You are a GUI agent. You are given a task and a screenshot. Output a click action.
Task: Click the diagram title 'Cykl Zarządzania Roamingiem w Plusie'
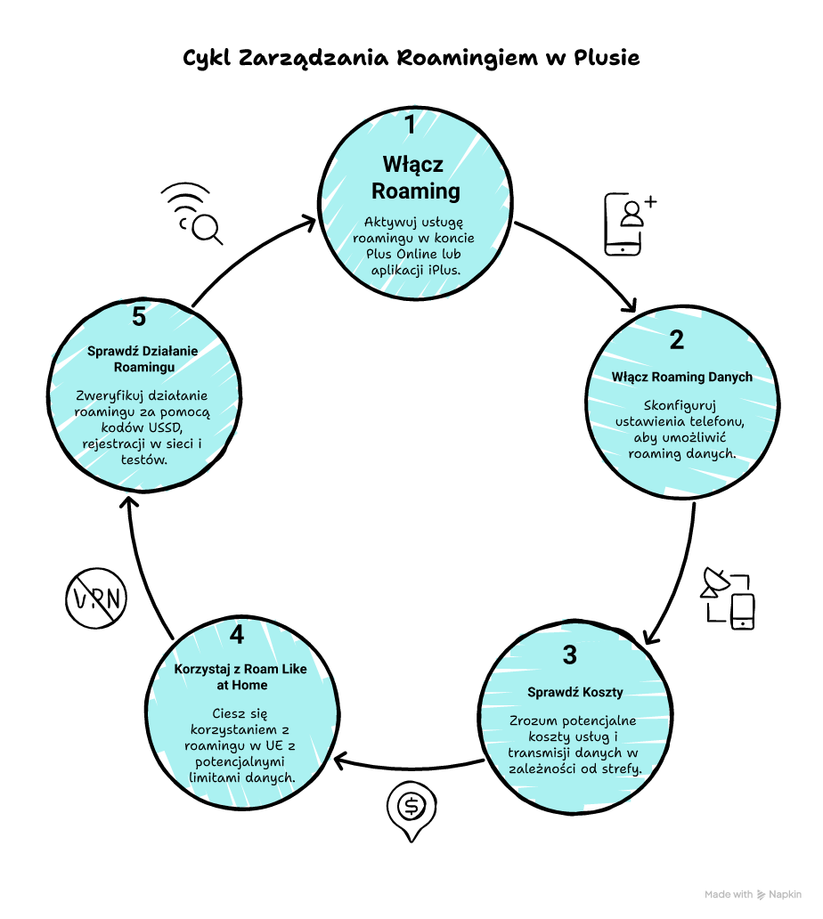pyautogui.click(x=411, y=58)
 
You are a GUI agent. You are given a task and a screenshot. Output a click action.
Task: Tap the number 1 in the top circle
pyautogui.click(x=410, y=125)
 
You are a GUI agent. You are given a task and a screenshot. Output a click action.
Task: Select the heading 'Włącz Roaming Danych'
pyautogui.click(x=681, y=377)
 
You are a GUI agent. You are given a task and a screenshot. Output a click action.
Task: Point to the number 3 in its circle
pyautogui.click(x=570, y=655)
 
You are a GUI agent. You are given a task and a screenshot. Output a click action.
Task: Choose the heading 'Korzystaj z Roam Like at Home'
pyautogui.click(x=241, y=676)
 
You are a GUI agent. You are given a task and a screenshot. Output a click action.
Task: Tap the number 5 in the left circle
pyautogui.click(x=138, y=316)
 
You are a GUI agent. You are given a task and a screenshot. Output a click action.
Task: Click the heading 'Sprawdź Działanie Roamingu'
pyautogui.click(x=143, y=358)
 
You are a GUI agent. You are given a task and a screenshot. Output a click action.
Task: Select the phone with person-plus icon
pyautogui.click(x=629, y=223)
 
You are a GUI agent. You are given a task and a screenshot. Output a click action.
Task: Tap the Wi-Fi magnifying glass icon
pyautogui.click(x=193, y=213)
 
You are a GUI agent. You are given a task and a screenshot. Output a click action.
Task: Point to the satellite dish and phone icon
pyautogui.click(x=728, y=598)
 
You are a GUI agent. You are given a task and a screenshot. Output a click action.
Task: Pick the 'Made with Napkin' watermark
pyautogui.click(x=753, y=895)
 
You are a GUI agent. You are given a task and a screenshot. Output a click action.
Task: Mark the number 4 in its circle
pyautogui.click(x=236, y=635)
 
